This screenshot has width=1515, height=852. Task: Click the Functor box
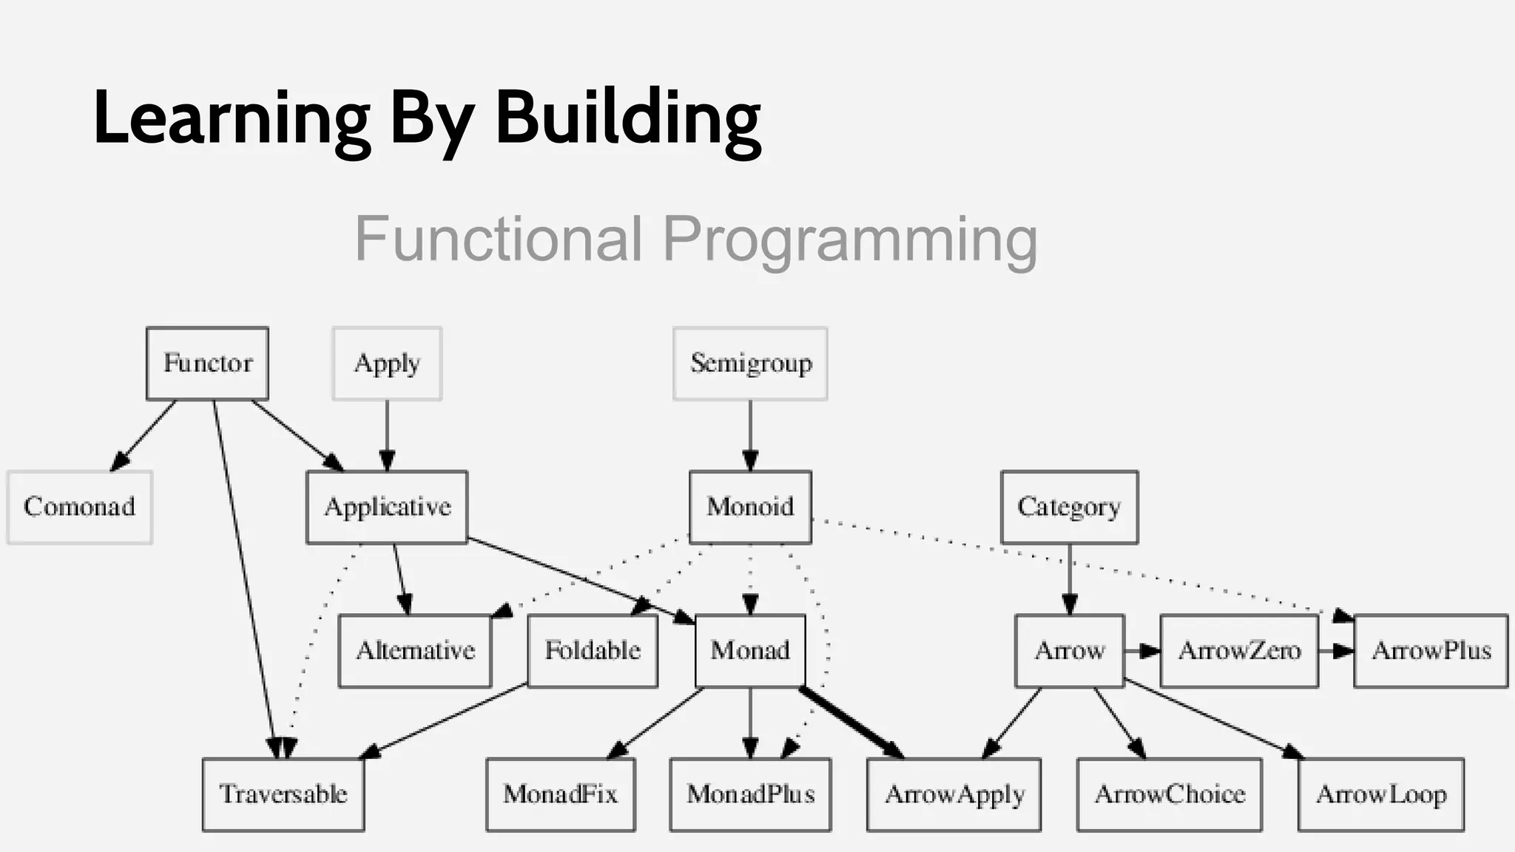pyautogui.click(x=207, y=363)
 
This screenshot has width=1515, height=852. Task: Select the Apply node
pyautogui.click(x=387, y=363)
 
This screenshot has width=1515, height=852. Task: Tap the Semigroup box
pyautogui.click(x=750, y=363)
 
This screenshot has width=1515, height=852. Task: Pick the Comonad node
pyautogui.click(x=79, y=507)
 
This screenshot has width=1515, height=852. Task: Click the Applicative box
pyautogui.click(x=387, y=507)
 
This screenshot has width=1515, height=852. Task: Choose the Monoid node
pyautogui.click(x=750, y=507)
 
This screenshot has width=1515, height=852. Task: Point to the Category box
pyautogui.click(x=1069, y=507)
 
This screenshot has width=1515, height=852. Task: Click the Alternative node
pyautogui.click(x=415, y=651)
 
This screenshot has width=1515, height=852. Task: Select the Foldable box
pyautogui.click(x=593, y=651)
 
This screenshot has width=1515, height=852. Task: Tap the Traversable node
pyautogui.click(x=283, y=794)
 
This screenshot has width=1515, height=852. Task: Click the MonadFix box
pyautogui.click(x=560, y=794)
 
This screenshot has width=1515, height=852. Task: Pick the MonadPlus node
pyautogui.click(x=750, y=794)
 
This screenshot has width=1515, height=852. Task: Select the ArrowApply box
pyautogui.click(x=954, y=794)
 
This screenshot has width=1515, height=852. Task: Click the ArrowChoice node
pyautogui.click(x=1169, y=794)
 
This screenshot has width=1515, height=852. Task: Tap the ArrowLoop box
pyautogui.click(x=1380, y=794)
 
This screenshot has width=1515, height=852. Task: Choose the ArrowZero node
pyautogui.click(x=1239, y=651)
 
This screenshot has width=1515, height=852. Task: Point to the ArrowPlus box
pyautogui.click(x=1431, y=651)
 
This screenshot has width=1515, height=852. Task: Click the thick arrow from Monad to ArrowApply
pyautogui.click(x=851, y=723)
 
